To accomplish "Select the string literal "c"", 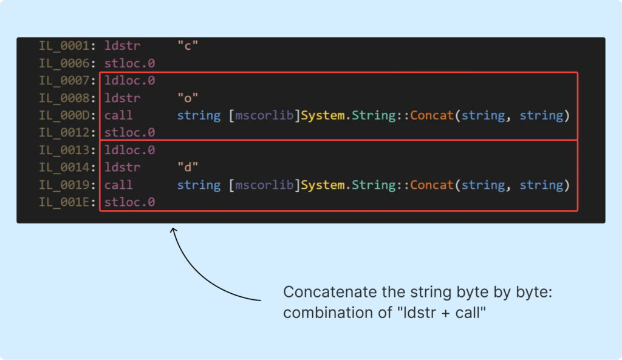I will tap(188, 46).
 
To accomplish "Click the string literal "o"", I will tap(188, 98).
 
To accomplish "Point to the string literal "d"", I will tap(188, 168).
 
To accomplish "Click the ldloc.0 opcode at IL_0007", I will tap(129, 80).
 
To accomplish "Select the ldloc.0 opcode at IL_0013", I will tap(129, 150).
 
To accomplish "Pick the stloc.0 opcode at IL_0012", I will tap(129, 132).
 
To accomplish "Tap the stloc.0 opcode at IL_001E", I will tap(129, 202).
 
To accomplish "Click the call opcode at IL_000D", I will tap(118, 115).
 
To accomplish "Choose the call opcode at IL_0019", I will tap(118, 185).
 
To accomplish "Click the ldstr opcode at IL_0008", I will tap(122, 98).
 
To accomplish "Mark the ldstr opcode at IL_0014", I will tap(122, 168).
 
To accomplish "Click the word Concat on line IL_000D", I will tap(431, 115).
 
